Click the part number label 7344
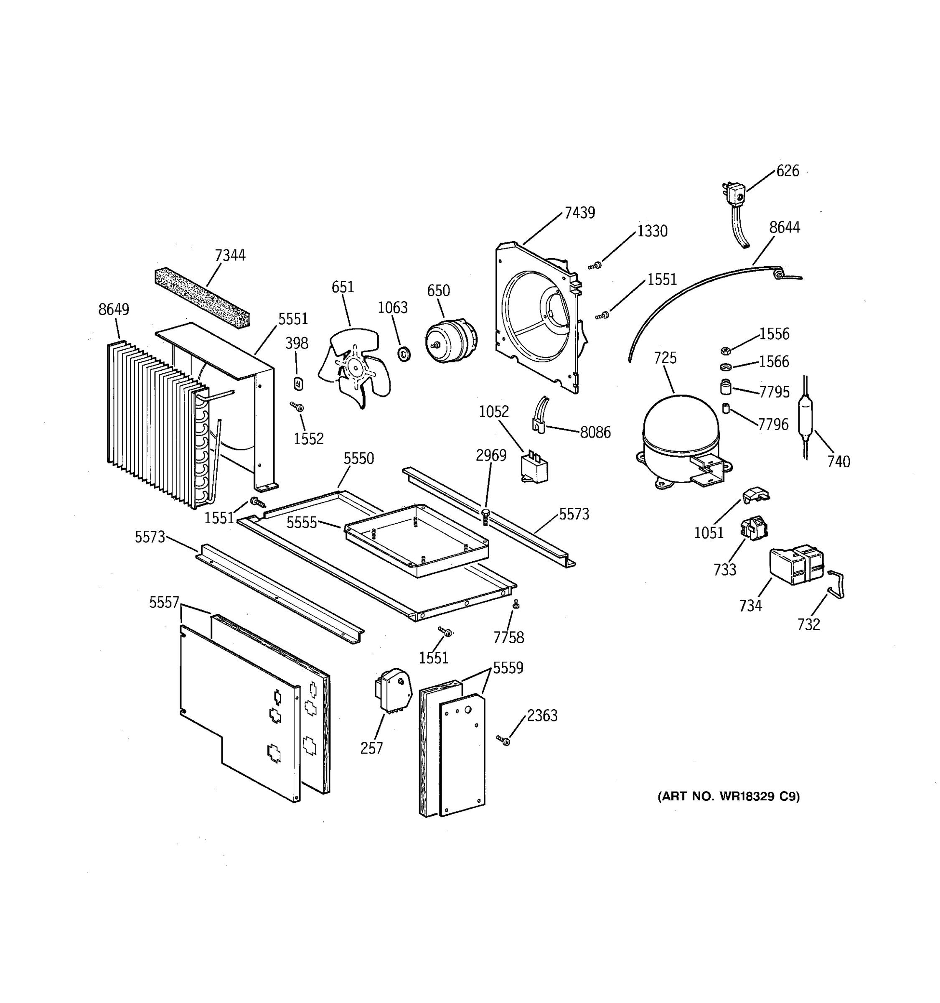click(x=230, y=255)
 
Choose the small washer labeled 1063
click(x=404, y=354)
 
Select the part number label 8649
click(x=114, y=309)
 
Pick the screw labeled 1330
click(x=596, y=265)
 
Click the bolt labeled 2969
click(x=485, y=517)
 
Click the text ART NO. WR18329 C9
click(x=728, y=796)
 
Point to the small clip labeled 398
click(x=298, y=384)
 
